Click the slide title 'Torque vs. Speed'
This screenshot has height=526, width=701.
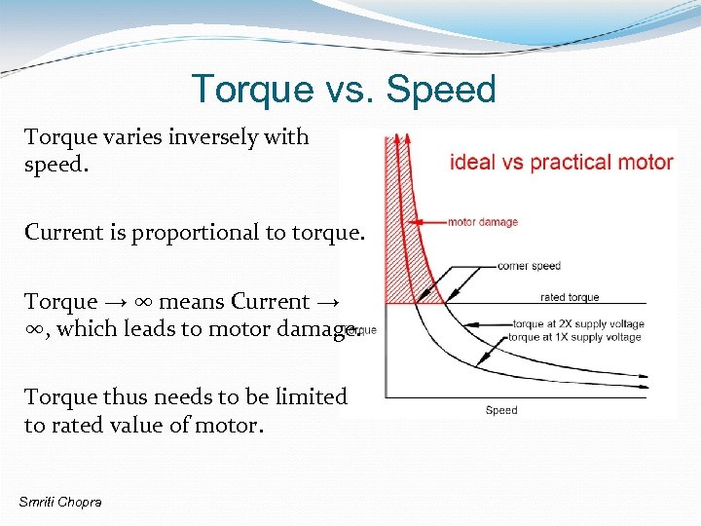344,89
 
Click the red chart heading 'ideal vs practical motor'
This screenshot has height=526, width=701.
561,162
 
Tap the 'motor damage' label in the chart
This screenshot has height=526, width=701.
482,222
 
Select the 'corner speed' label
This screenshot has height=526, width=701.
528,265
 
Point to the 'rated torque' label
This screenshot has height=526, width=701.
570,297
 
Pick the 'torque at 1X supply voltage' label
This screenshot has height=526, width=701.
574,337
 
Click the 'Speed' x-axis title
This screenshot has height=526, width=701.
500,410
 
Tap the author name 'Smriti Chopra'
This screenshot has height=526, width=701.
59,501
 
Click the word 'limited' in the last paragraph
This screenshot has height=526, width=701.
311,396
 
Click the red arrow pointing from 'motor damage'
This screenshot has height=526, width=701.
428,222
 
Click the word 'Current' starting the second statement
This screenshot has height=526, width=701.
60,232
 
